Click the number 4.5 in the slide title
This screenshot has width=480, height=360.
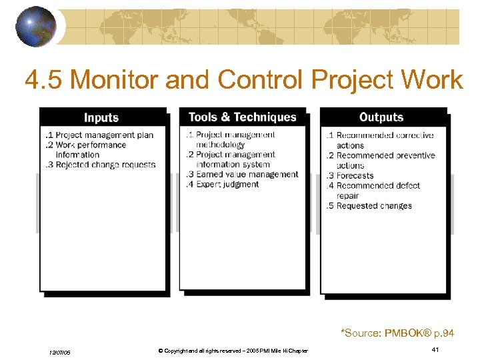coord(45,80)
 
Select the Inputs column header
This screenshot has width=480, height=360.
coord(101,117)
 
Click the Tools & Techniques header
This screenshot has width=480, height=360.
coord(242,117)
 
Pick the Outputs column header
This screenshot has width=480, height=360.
coord(381,117)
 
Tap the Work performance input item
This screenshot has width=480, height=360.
coord(90,145)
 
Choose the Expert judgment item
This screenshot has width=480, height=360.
coord(227,184)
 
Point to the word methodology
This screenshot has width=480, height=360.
coord(220,145)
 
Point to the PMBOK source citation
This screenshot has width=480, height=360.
coord(399,332)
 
